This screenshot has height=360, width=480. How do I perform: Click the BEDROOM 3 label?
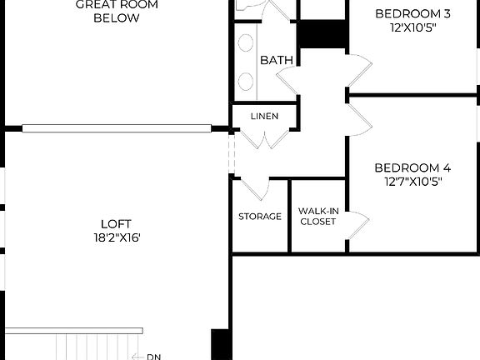tap(412, 13)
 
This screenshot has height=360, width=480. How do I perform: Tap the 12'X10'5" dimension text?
tap(412, 27)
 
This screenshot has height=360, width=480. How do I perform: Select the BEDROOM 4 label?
tap(412, 166)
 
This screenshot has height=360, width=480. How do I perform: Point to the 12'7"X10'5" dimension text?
tap(412, 180)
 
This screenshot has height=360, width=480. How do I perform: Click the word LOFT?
tap(116, 223)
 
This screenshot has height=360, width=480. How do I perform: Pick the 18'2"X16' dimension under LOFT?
tap(116, 237)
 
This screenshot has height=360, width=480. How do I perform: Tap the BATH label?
tap(276, 60)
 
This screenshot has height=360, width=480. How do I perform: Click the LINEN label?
tap(264, 116)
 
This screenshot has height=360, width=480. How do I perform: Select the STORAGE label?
tap(260, 217)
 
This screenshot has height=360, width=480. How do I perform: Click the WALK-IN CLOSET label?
tap(317, 217)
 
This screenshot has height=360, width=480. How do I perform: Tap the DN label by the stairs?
tap(153, 357)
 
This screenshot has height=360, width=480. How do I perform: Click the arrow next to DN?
tap(137, 357)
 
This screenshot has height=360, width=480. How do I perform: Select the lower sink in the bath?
tap(247, 81)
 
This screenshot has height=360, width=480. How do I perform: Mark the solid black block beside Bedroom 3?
tap(322, 33)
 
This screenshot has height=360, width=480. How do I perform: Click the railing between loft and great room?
tap(117, 128)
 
